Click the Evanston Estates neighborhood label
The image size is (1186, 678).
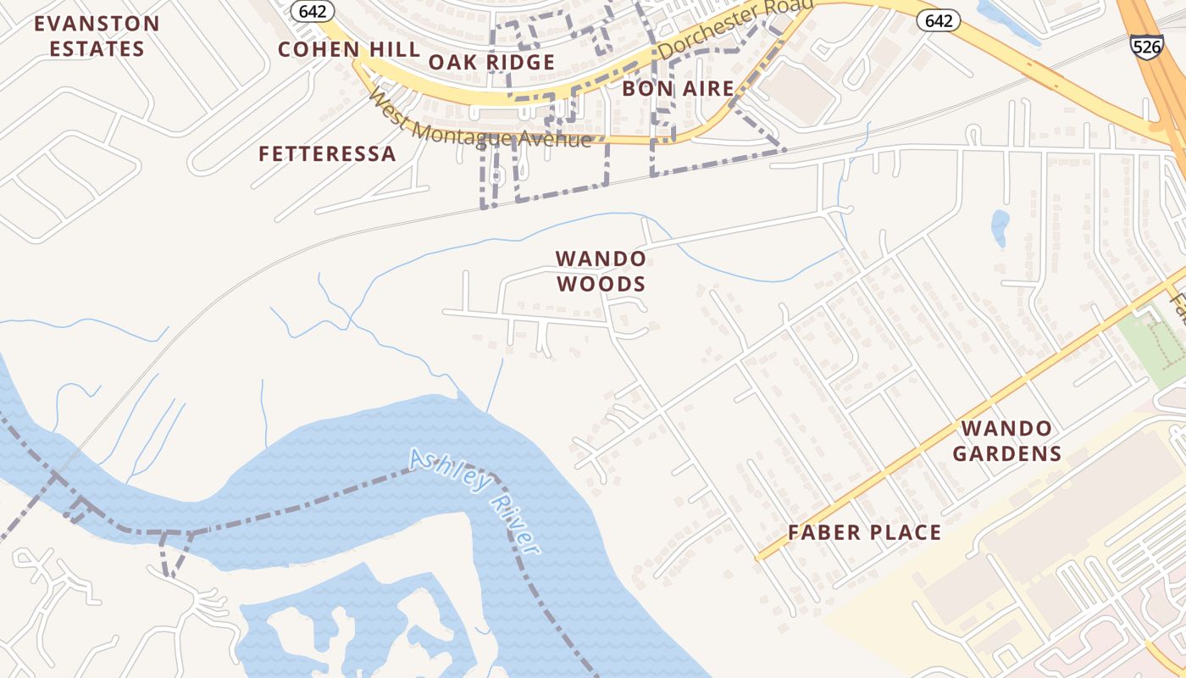click(97, 36)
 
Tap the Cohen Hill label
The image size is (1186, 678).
click(349, 49)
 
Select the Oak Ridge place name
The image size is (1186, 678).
click(491, 62)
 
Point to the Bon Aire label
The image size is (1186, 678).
click(678, 88)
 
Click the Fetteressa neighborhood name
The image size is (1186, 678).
click(327, 153)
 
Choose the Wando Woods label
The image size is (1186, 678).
click(601, 270)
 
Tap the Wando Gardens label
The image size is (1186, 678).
click(1006, 441)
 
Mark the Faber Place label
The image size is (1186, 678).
click(864, 532)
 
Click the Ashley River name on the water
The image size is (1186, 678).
click(474, 500)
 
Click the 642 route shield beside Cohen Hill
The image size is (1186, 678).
click(313, 10)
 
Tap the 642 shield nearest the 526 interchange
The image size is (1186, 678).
click(939, 20)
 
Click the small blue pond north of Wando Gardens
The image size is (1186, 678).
click(1000, 226)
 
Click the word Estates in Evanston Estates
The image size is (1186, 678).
click(97, 49)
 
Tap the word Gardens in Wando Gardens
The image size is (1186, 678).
click(1006, 453)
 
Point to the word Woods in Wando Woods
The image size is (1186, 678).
click(601, 284)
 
